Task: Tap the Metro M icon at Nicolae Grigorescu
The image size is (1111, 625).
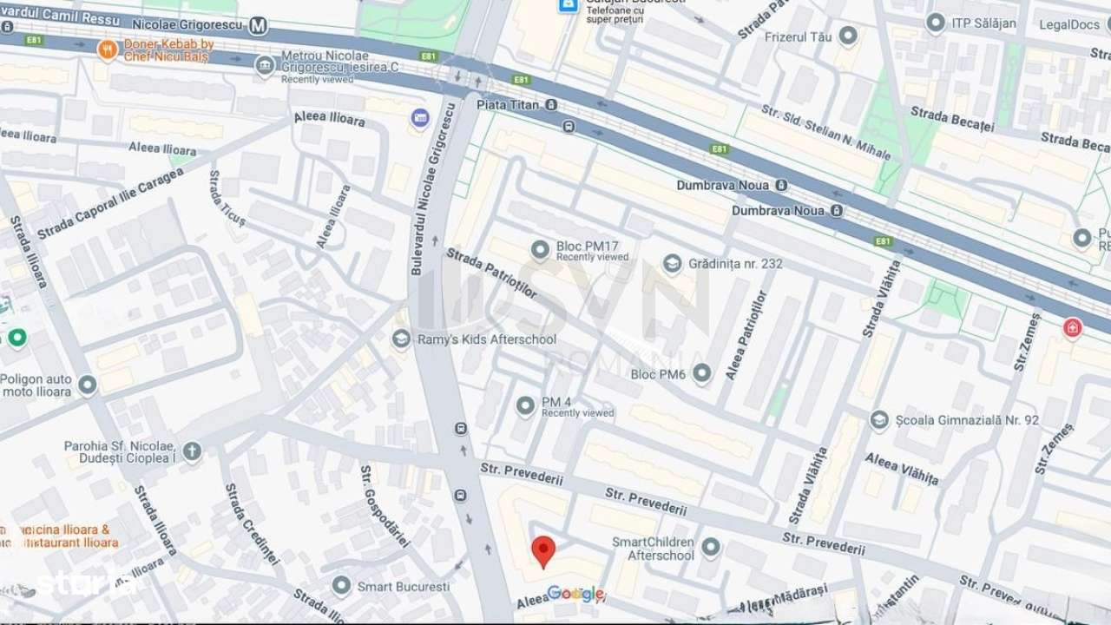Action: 257,26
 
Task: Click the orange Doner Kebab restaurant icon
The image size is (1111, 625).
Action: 108,49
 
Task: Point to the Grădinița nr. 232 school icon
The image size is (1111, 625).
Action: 672,263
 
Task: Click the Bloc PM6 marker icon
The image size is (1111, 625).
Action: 702,374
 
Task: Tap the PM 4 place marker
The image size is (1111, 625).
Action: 525,405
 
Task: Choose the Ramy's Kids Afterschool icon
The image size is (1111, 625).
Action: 401,339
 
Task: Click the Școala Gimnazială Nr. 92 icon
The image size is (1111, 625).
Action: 879,420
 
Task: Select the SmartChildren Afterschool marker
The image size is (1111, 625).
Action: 711,547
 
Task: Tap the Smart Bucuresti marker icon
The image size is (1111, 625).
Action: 341,586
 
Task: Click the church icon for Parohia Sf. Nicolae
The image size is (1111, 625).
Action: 192,451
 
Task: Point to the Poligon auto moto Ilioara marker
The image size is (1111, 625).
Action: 87,385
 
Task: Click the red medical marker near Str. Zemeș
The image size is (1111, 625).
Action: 1073,328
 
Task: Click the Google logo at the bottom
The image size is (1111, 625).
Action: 575,594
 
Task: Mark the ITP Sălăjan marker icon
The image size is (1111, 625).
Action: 936,23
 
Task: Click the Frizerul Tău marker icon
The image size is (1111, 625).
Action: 848,36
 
